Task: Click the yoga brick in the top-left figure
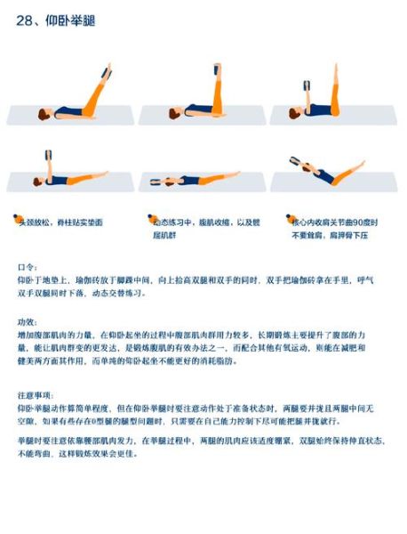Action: (108, 71)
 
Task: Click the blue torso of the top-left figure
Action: (68, 111)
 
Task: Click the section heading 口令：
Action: (28, 266)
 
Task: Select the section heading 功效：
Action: (28, 320)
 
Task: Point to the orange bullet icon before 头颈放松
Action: (15, 218)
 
